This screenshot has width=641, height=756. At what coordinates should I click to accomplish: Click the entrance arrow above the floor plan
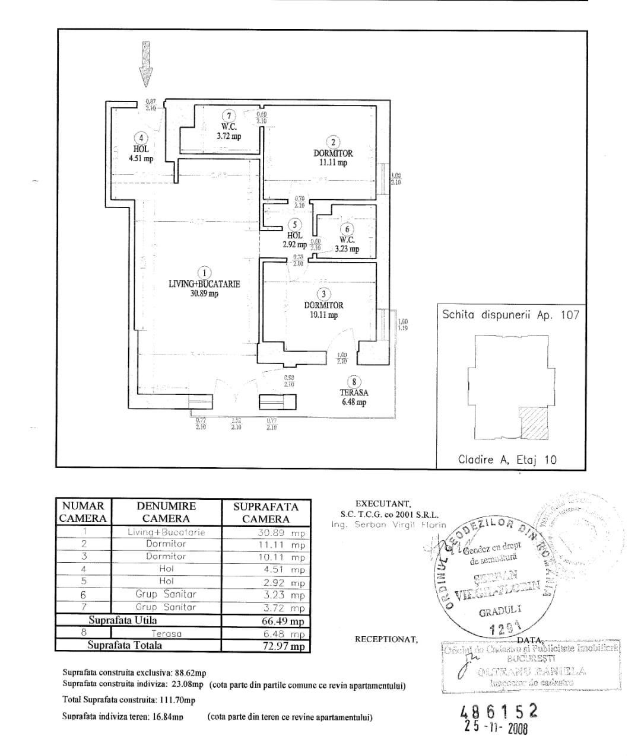(145, 64)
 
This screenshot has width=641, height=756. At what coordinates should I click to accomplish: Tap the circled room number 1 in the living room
(204, 273)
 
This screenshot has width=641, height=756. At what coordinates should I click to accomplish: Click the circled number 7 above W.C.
(229, 116)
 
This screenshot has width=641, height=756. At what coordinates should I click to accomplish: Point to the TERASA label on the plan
(354, 393)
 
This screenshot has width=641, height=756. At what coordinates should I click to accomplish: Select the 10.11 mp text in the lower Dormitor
(323, 315)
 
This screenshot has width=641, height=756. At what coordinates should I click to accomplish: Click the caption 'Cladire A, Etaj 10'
(507, 459)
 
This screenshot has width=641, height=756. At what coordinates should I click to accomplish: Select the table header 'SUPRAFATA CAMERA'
(265, 513)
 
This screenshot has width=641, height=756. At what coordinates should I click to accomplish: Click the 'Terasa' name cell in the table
(166, 633)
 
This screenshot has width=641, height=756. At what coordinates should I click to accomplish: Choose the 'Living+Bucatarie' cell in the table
(166, 532)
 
